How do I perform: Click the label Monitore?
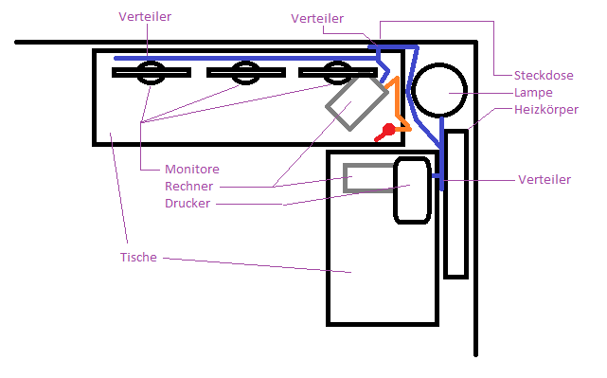coord(192,170)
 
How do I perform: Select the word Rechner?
coord(188,187)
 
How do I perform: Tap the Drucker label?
coord(187,204)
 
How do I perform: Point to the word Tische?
coord(138,257)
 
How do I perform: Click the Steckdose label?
coord(544,75)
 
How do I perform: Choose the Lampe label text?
coord(533,93)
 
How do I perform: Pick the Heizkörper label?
coord(546,110)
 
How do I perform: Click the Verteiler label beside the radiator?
coord(545,179)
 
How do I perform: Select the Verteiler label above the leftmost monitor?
coord(145,16)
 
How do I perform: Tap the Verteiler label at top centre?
coord(317,18)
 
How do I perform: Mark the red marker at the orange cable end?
coord(386,131)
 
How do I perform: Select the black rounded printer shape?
coord(395,189)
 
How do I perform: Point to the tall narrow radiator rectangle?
coord(446,204)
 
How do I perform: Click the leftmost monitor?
coord(152,72)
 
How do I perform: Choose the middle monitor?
coord(246,72)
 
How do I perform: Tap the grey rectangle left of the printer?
coord(345,178)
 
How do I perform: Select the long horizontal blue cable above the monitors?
coord(246,59)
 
